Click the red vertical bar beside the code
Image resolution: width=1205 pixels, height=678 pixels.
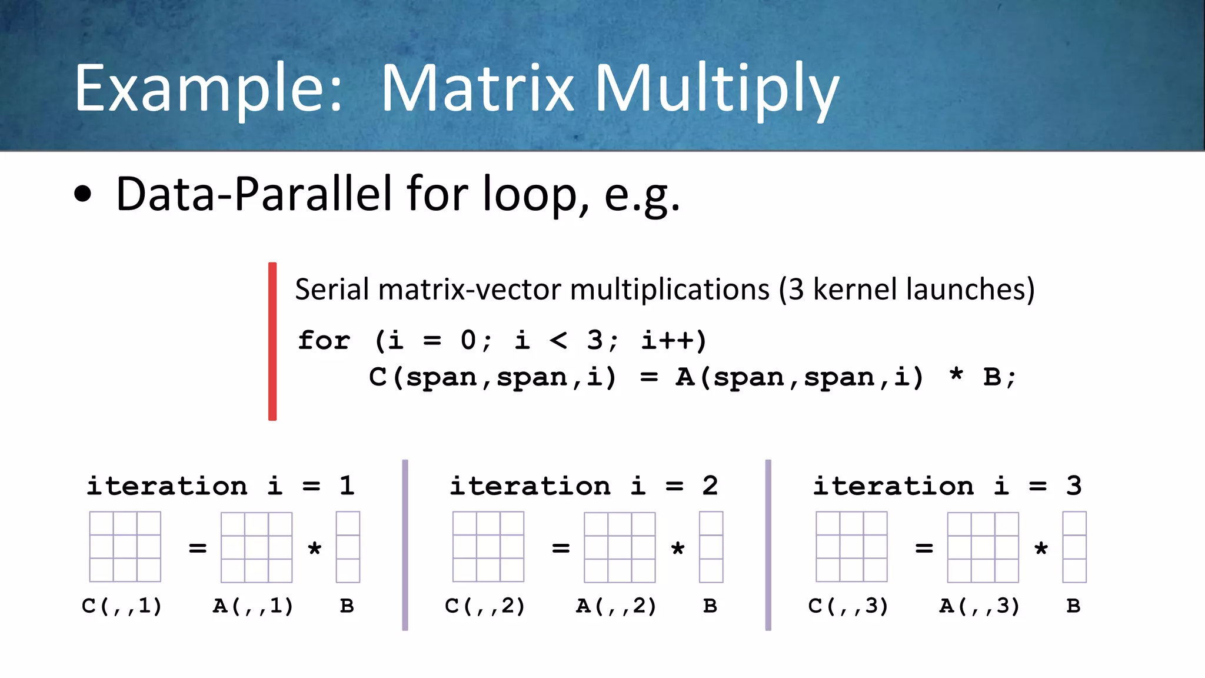click(272, 341)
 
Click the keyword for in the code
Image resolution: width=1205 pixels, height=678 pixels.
click(324, 341)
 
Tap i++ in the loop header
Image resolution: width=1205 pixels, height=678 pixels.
click(674, 340)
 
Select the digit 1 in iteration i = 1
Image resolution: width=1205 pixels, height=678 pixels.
click(347, 486)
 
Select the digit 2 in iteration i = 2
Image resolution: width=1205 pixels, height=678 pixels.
click(710, 486)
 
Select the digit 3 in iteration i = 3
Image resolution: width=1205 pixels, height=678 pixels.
click(1074, 486)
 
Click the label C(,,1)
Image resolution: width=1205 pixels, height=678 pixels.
click(122, 606)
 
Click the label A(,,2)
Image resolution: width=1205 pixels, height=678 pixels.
click(616, 606)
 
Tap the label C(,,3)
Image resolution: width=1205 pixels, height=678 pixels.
click(848, 606)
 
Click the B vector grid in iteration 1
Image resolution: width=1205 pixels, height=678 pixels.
click(348, 547)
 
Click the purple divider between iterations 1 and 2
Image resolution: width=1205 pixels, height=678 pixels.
click(405, 545)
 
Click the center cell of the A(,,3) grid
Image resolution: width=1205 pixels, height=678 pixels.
click(983, 547)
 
